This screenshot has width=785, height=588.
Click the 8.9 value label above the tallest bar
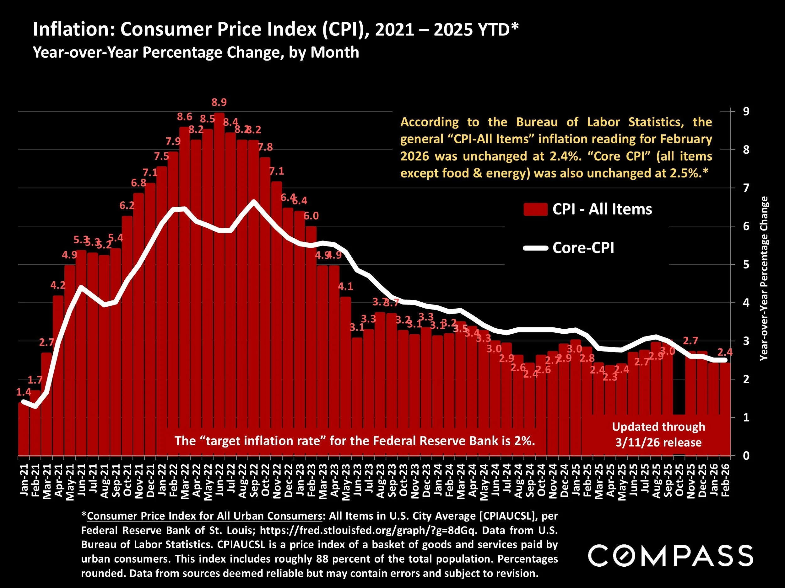[x=219, y=103]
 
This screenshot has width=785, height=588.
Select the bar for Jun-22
[x=219, y=283]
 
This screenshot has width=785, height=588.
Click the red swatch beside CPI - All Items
[x=535, y=209]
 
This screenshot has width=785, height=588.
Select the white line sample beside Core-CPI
[x=535, y=248]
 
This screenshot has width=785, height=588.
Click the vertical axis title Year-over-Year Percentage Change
[x=764, y=278]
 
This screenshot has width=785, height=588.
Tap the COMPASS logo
[x=671, y=556]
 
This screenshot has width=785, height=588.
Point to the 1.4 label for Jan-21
[x=24, y=392]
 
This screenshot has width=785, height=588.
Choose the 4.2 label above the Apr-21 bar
[x=58, y=285]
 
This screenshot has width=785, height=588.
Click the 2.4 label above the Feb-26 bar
[x=725, y=352]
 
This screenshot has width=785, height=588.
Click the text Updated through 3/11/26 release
[x=658, y=435]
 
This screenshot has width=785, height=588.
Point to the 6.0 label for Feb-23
[x=311, y=216]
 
